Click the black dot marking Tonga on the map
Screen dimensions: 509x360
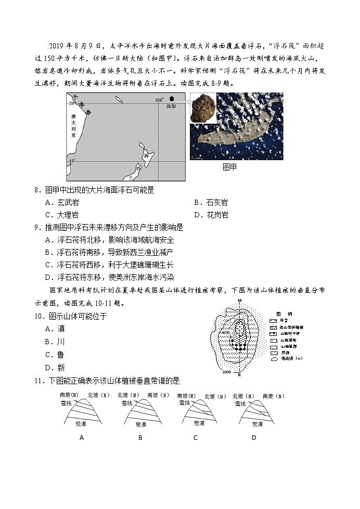coord(172,99)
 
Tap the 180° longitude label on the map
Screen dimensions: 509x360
coord(159,99)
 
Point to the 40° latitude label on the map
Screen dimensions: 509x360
coord(71,161)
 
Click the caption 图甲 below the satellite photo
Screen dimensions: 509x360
coord(229,167)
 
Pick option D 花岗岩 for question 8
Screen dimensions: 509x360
coord(211,215)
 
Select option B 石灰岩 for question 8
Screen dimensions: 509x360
coord(211,203)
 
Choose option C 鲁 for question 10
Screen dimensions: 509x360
coord(55,355)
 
